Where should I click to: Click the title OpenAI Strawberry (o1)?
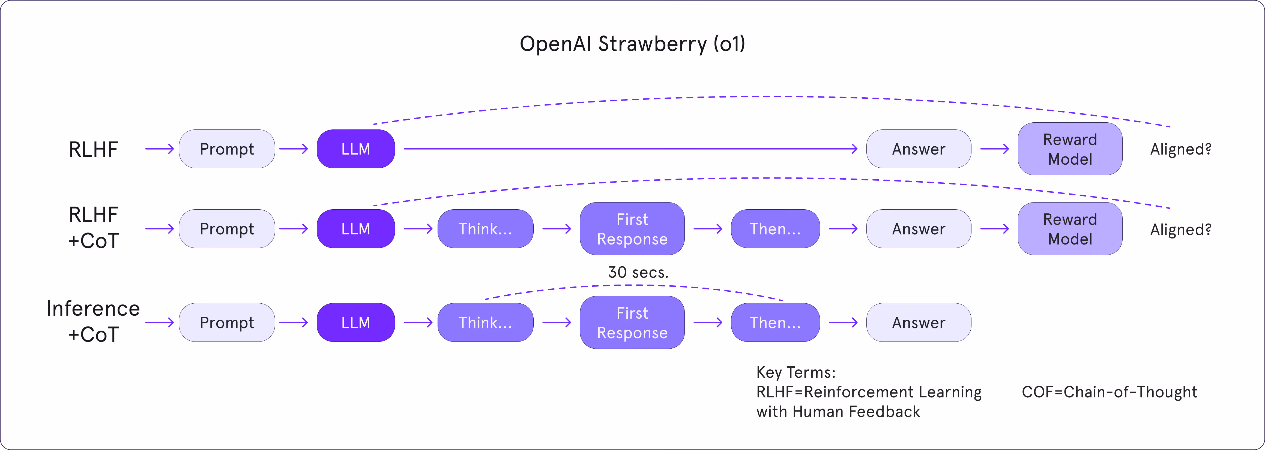click(x=632, y=44)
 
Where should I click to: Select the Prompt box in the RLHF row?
click(x=226, y=149)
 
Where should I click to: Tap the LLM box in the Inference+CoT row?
click(x=355, y=322)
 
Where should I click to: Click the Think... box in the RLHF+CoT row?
click(x=485, y=229)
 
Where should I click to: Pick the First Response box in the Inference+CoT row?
click(x=632, y=322)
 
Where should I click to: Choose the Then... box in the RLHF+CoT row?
click(x=775, y=229)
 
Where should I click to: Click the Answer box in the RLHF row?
click(x=918, y=149)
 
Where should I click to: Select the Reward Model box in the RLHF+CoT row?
click(x=1070, y=229)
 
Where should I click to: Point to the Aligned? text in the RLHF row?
click(x=1180, y=149)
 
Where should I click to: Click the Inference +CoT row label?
click(x=93, y=321)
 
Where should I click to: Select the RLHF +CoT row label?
click(x=93, y=228)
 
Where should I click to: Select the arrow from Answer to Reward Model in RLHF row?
click(x=994, y=149)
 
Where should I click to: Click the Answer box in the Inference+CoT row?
click(x=918, y=322)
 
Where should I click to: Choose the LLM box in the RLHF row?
click(x=355, y=149)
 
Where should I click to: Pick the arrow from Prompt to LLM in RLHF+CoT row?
click(x=294, y=229)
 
